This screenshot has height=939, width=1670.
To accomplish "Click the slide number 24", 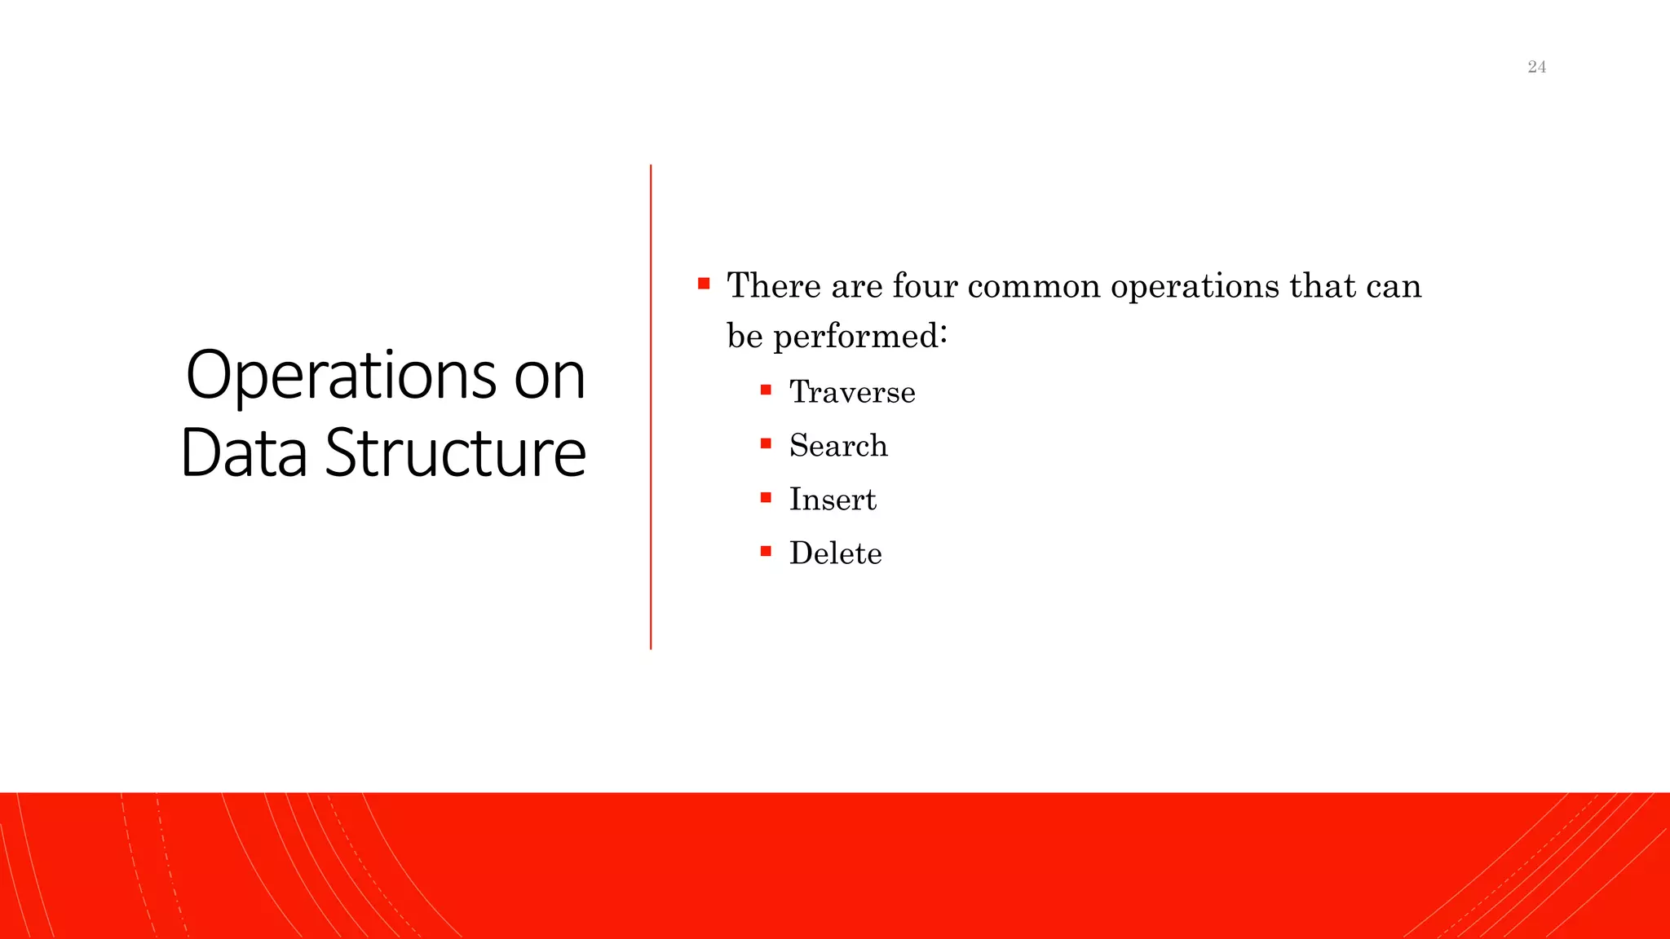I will pyautogui.click(x=1536, y=67).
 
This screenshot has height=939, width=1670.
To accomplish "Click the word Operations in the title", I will pyautogui.click(x=341, y=377).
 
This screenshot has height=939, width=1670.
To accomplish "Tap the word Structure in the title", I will pyautogui.click(x=455, y=453).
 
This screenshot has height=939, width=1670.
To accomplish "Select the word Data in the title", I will pyautogui.click(x=244, y=453).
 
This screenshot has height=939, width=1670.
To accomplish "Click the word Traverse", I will pyautogui.click(x=852, y=392).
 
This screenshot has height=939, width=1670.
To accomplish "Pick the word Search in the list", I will pyautogui.click(x=838, y=446).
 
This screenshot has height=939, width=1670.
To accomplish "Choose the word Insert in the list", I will pyautogui.click(x=833, y=500).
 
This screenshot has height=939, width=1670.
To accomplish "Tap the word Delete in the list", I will pyautogui.click(x=835, y=553).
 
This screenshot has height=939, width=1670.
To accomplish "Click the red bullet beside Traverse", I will pyautogui.click(x=766, y=390).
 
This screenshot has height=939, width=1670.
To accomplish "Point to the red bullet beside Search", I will pyautogui.click(x=766, y=443).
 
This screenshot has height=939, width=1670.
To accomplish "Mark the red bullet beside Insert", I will pyautogui.click(x=766, y=497).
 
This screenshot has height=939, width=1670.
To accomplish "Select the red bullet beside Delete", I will pyautogui.click(x=766, y=551).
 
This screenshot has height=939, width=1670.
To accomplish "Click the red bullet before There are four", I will pyautogui.click(x=704, y=284).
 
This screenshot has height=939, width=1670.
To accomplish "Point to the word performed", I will pyautogui.click(x=859, y=337).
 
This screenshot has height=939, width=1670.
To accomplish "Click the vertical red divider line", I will pyautogui.click(x=651, y=408).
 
